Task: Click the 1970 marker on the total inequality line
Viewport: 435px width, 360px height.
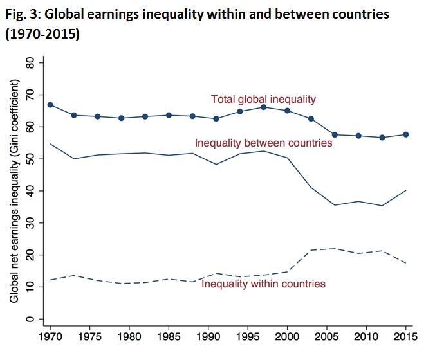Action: click(x=50, y=105)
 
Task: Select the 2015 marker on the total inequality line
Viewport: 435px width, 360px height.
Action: click(x=405, y=134)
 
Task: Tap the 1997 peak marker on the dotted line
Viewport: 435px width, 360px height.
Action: click(x=263, y=107)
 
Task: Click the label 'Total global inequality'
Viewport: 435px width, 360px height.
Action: click(x=264, y=99)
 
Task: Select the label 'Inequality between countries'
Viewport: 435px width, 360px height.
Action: click(x=263, y=143)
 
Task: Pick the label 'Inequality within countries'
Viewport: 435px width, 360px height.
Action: click(x=263, y=283)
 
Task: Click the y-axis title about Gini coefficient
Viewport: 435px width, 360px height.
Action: click(x=14, y=191)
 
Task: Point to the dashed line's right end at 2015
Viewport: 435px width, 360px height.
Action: click(x=405, y=264)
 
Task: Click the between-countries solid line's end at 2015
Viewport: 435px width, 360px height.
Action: click(x=405, y=190)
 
